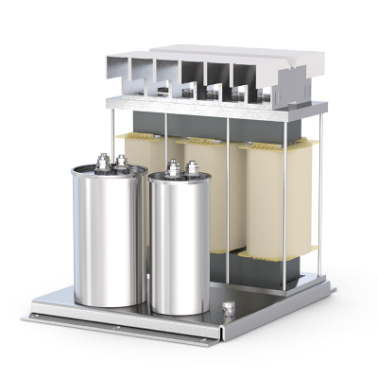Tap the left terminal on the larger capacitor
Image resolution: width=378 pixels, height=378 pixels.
point(101,165)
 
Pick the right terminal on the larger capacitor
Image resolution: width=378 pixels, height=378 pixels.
point(120,163)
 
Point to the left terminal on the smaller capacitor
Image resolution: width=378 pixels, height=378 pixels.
point(173,171)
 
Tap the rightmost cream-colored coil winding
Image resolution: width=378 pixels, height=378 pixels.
point(274,198)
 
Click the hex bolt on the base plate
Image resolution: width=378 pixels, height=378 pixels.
point(228,308)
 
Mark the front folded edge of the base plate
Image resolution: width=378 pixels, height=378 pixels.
point(123,326)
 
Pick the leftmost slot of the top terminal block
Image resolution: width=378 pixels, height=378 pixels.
point(117,67)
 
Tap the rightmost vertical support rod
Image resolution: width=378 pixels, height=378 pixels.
point(318,189)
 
